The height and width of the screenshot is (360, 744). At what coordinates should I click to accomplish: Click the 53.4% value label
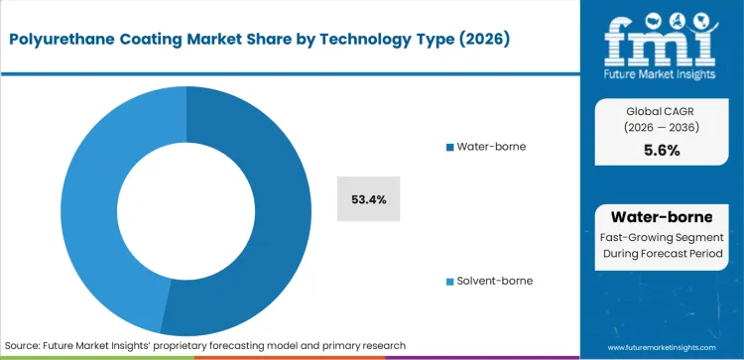(369, 199)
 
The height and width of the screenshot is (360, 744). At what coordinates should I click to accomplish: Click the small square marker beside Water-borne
(449, 147)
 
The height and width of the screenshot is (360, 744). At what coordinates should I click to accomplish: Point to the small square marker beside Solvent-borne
(449, 281)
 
